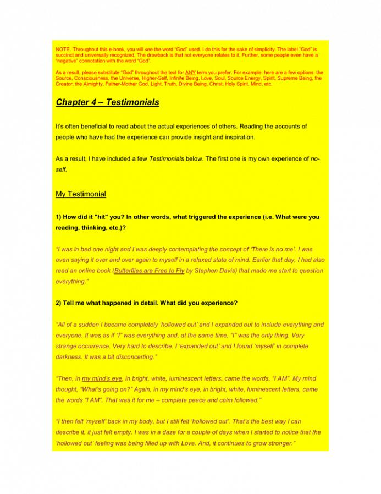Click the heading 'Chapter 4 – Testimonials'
(107, 102)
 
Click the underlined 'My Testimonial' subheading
(81, 194)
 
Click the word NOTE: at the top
(63, 50)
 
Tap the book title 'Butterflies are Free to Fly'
(149, 271)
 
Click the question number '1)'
(59, 217)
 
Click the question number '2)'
(59, 303)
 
